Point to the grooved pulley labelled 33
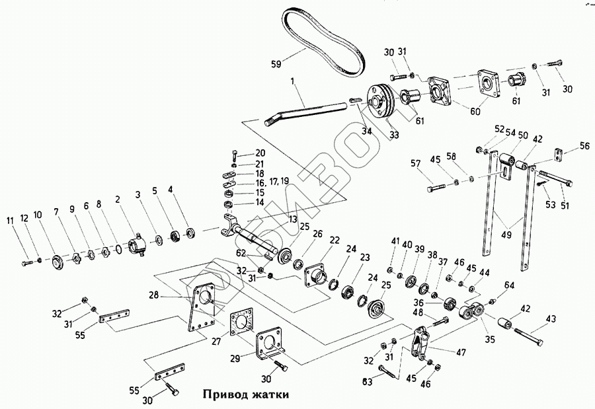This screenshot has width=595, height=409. pos(380,101)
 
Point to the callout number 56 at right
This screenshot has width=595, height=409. pos(584,146)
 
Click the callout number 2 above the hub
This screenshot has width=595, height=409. pos(118,198)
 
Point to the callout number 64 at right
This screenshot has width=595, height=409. pos(509,285)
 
